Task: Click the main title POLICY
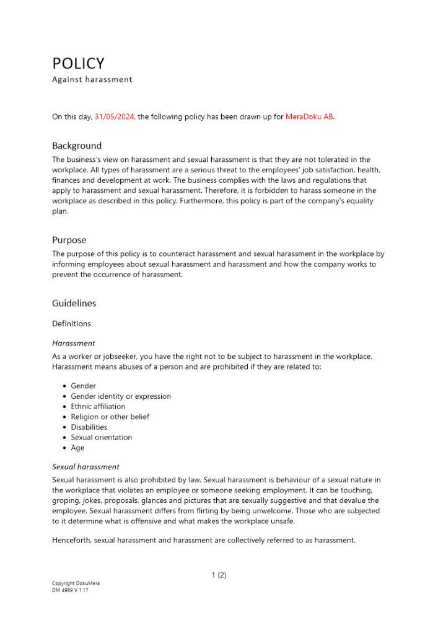click(x=78, y=63)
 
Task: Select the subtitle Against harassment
click(x=92, y=79)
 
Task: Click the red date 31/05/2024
click(x=115, y=117)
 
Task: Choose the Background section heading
click(x=77, y=146)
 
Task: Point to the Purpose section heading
click(x=69, y=240)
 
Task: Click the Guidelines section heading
click(x=74, y=303)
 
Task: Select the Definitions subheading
click(x=71, y=324)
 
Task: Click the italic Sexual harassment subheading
click(x=85, y=467)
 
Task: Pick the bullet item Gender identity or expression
click(x=121, y=396)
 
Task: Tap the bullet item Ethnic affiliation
click(x=98, y=407)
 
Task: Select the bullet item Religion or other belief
click(x=110, y=417)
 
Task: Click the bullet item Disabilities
click(x=89, y=427)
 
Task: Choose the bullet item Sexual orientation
click(x=101, y=437)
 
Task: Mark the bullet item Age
click(x=77, y=448)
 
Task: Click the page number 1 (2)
click(x=219, y=575)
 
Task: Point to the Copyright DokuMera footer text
click(x=76, y=583)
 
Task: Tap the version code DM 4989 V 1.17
click(x=71, y=590)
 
